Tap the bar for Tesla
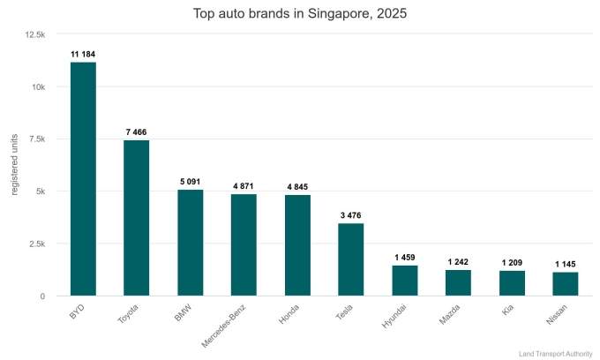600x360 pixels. [351, 259]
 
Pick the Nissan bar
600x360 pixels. [566, 284]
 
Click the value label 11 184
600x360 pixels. [83, 54]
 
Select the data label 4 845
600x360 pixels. [297, 186]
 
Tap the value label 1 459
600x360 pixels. [405, 257]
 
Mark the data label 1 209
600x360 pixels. [512, 262]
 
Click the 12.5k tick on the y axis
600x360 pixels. [36, 34]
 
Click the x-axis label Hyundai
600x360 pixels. [394, 315]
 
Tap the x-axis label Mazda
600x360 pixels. [449, 314]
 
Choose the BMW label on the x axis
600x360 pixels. [183, 312]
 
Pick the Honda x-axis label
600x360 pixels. [289, 314]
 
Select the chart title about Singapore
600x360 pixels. [300, 14]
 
